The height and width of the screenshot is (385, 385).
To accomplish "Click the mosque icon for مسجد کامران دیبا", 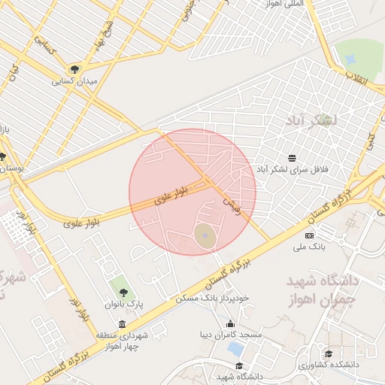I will click(230, 325).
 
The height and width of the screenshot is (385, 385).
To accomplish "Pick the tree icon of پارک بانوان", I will click(123, 293).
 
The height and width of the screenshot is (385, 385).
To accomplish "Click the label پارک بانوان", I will click(123, 304).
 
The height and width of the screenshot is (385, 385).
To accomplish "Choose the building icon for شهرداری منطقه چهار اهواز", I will click(123, 324).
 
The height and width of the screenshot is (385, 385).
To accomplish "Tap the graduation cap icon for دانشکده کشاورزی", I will click(328, 354).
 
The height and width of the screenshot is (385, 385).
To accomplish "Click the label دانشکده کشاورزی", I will click(328, 365).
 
